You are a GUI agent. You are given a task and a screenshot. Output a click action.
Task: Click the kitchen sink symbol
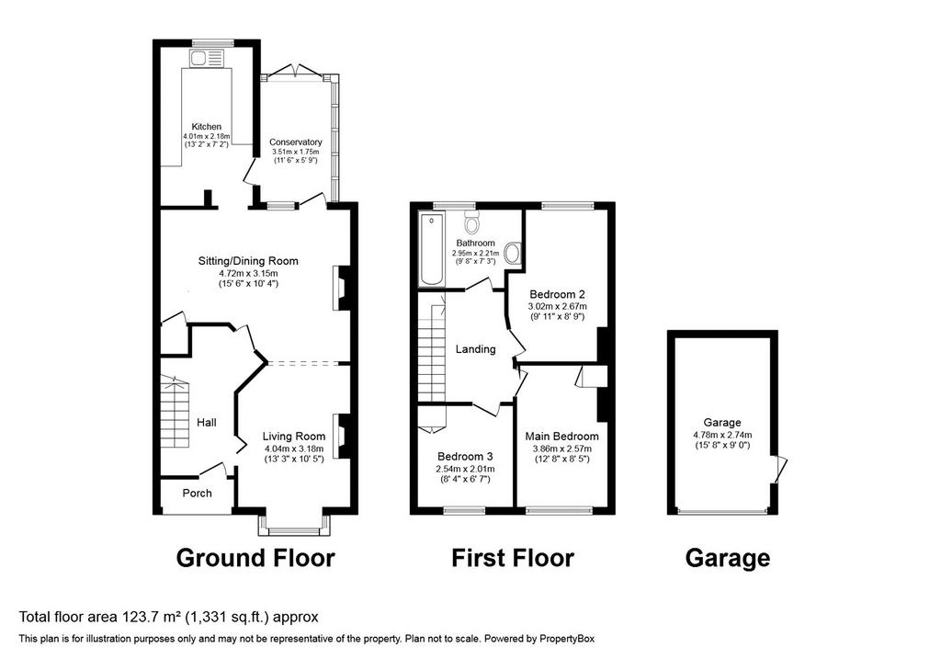pos(207,58)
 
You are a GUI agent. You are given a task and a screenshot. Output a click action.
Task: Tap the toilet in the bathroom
pos(472,222)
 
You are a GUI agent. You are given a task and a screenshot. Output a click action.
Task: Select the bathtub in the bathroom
pos(432,249)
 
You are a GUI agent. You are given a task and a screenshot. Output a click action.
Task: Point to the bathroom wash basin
pos(513,253)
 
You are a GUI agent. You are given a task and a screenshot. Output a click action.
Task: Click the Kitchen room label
pos(207,127)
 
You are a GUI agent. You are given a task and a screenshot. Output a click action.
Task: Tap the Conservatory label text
pos(295,142)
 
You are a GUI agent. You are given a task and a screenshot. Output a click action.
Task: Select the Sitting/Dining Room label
pos(248,261)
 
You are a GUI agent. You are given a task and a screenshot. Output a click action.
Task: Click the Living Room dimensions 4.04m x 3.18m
pos(294,449)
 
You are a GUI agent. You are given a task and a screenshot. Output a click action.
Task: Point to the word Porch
pos(197,493)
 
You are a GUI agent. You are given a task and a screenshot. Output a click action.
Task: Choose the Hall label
pos(207,423)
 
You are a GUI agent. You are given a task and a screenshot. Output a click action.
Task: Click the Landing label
pos(475,348)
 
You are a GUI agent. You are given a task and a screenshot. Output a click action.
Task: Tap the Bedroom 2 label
pos(557,295)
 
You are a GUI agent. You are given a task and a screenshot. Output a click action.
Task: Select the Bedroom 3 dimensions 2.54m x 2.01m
pos(465,469)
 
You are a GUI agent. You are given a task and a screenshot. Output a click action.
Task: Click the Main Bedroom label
pos(561,437)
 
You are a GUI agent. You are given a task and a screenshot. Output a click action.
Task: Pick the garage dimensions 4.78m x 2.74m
pos(722,435)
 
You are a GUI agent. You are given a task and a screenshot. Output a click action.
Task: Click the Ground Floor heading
pos(255,558)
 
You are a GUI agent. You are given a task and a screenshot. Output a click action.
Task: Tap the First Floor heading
pos(513,558)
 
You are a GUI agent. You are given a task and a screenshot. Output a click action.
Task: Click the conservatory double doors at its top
pos(295,70)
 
